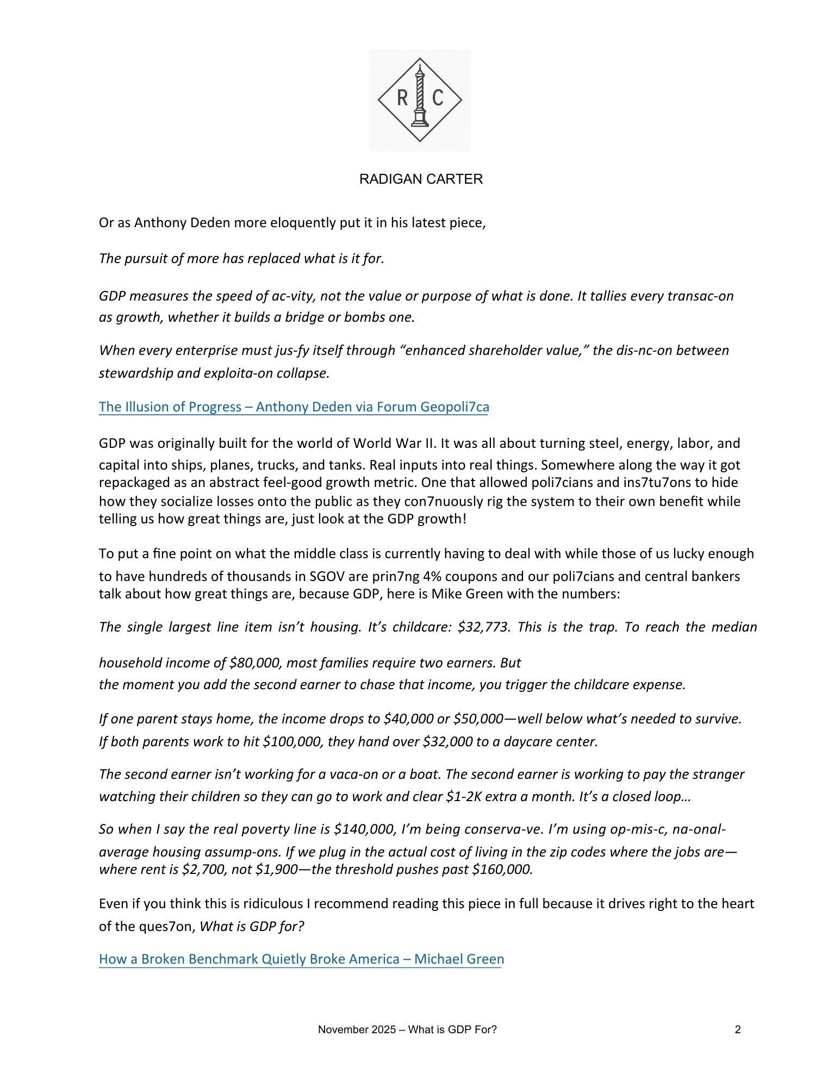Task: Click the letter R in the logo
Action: pyautogui.click(x=402, y=98)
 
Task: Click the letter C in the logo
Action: pyautogui.click(x=438, y=98)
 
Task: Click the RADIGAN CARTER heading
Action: pyautogui.click(x=421, y=179)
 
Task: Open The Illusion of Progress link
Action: pyautogui.click(x=294, y=407)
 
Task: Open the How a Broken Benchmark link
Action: pyautogui.click(x=301, y=959)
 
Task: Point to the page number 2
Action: pyautogui.click(x=738, y=1029)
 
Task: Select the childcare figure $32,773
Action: pyautogui.click(x=484, y=627)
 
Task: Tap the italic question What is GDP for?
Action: pyautogui.click(x=252, y=927)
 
